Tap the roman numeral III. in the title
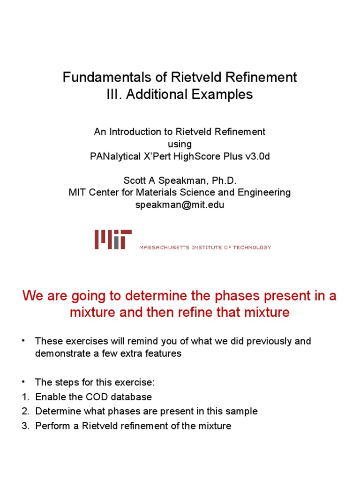(x=115, y=94)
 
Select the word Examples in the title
(x=223, y=94)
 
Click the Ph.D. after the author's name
(x=224, y=180)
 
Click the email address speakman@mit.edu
(x=180, y=205)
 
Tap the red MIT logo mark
(x=113, y=239)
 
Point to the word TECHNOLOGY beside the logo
(x=253, y=247)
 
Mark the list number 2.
(x=25, y=412)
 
